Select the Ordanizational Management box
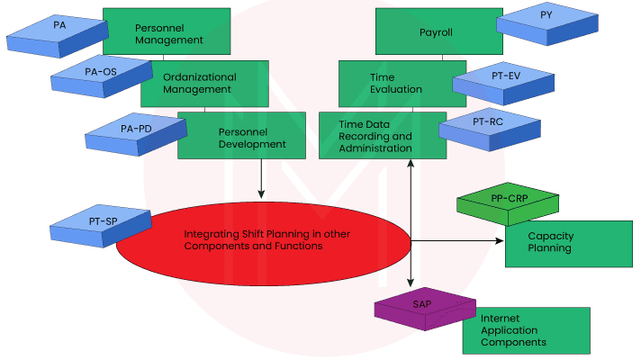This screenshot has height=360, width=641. click(x=199, y=84)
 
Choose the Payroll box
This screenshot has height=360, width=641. click(x=437, y=32)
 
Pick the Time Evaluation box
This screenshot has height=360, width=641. click(x=394, y=84)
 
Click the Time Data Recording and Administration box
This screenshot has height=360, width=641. click(x=375, y=137)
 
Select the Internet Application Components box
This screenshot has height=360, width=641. click(x=526, y=330)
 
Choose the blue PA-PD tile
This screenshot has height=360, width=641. click(x=135, y=132)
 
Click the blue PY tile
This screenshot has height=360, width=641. click(x=546, y=20)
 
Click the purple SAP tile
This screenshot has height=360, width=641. click(x=422, y=307)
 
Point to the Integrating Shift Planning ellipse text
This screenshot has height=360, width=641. click(x=254, y=239)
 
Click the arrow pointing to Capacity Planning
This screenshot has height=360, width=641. click(x=459, y=240)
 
